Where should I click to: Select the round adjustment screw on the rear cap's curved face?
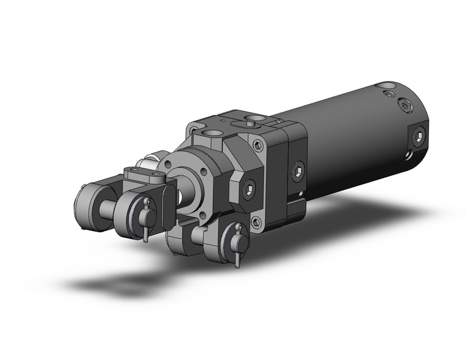404,106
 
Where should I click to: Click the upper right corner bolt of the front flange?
258,147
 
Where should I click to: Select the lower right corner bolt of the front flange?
258,221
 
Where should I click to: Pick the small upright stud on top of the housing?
252,123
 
